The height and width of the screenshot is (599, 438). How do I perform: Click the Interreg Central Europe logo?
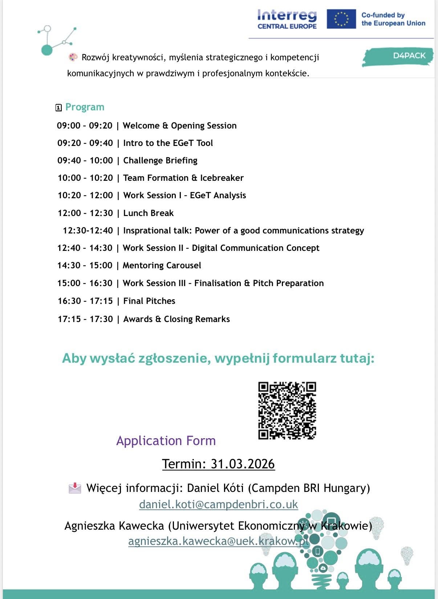click(x=287, y=20)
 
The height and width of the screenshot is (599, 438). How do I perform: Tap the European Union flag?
click(x=341, y=19)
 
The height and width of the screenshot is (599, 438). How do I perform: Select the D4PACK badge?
click(x=398, y=56)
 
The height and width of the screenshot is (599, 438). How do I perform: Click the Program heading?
click(x=85, y=107)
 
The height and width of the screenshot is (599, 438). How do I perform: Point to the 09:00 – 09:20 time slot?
click(x=85, y=126)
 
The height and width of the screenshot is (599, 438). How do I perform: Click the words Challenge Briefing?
click(x=160, y=160)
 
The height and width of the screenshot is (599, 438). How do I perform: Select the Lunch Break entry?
click(x=148, y=213)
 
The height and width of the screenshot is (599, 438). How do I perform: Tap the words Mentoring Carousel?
click(x=162, y=265)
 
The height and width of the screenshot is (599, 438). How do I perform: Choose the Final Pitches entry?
click(x=149, y=301)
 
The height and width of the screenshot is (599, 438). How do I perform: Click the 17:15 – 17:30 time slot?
click(x=85, y=319)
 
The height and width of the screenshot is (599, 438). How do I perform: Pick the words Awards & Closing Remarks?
click(x=177, y=319)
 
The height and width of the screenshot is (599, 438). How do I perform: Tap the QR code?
click(x=287, y=410)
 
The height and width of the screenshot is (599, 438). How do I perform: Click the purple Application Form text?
click(x=166, y=441)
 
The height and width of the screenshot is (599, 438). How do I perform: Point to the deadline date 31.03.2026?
click(x=243, y=464)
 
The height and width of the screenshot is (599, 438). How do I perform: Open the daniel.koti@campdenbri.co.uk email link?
click(x=218, y=504)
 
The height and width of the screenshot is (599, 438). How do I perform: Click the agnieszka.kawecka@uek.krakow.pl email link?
click(x=218, y=541)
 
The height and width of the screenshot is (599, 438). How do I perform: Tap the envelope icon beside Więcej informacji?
click(x=75, y=488)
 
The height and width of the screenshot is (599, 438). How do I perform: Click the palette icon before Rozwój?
click(x=73, y=57)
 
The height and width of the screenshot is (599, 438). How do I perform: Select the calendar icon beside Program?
click(x=58, y=107)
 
